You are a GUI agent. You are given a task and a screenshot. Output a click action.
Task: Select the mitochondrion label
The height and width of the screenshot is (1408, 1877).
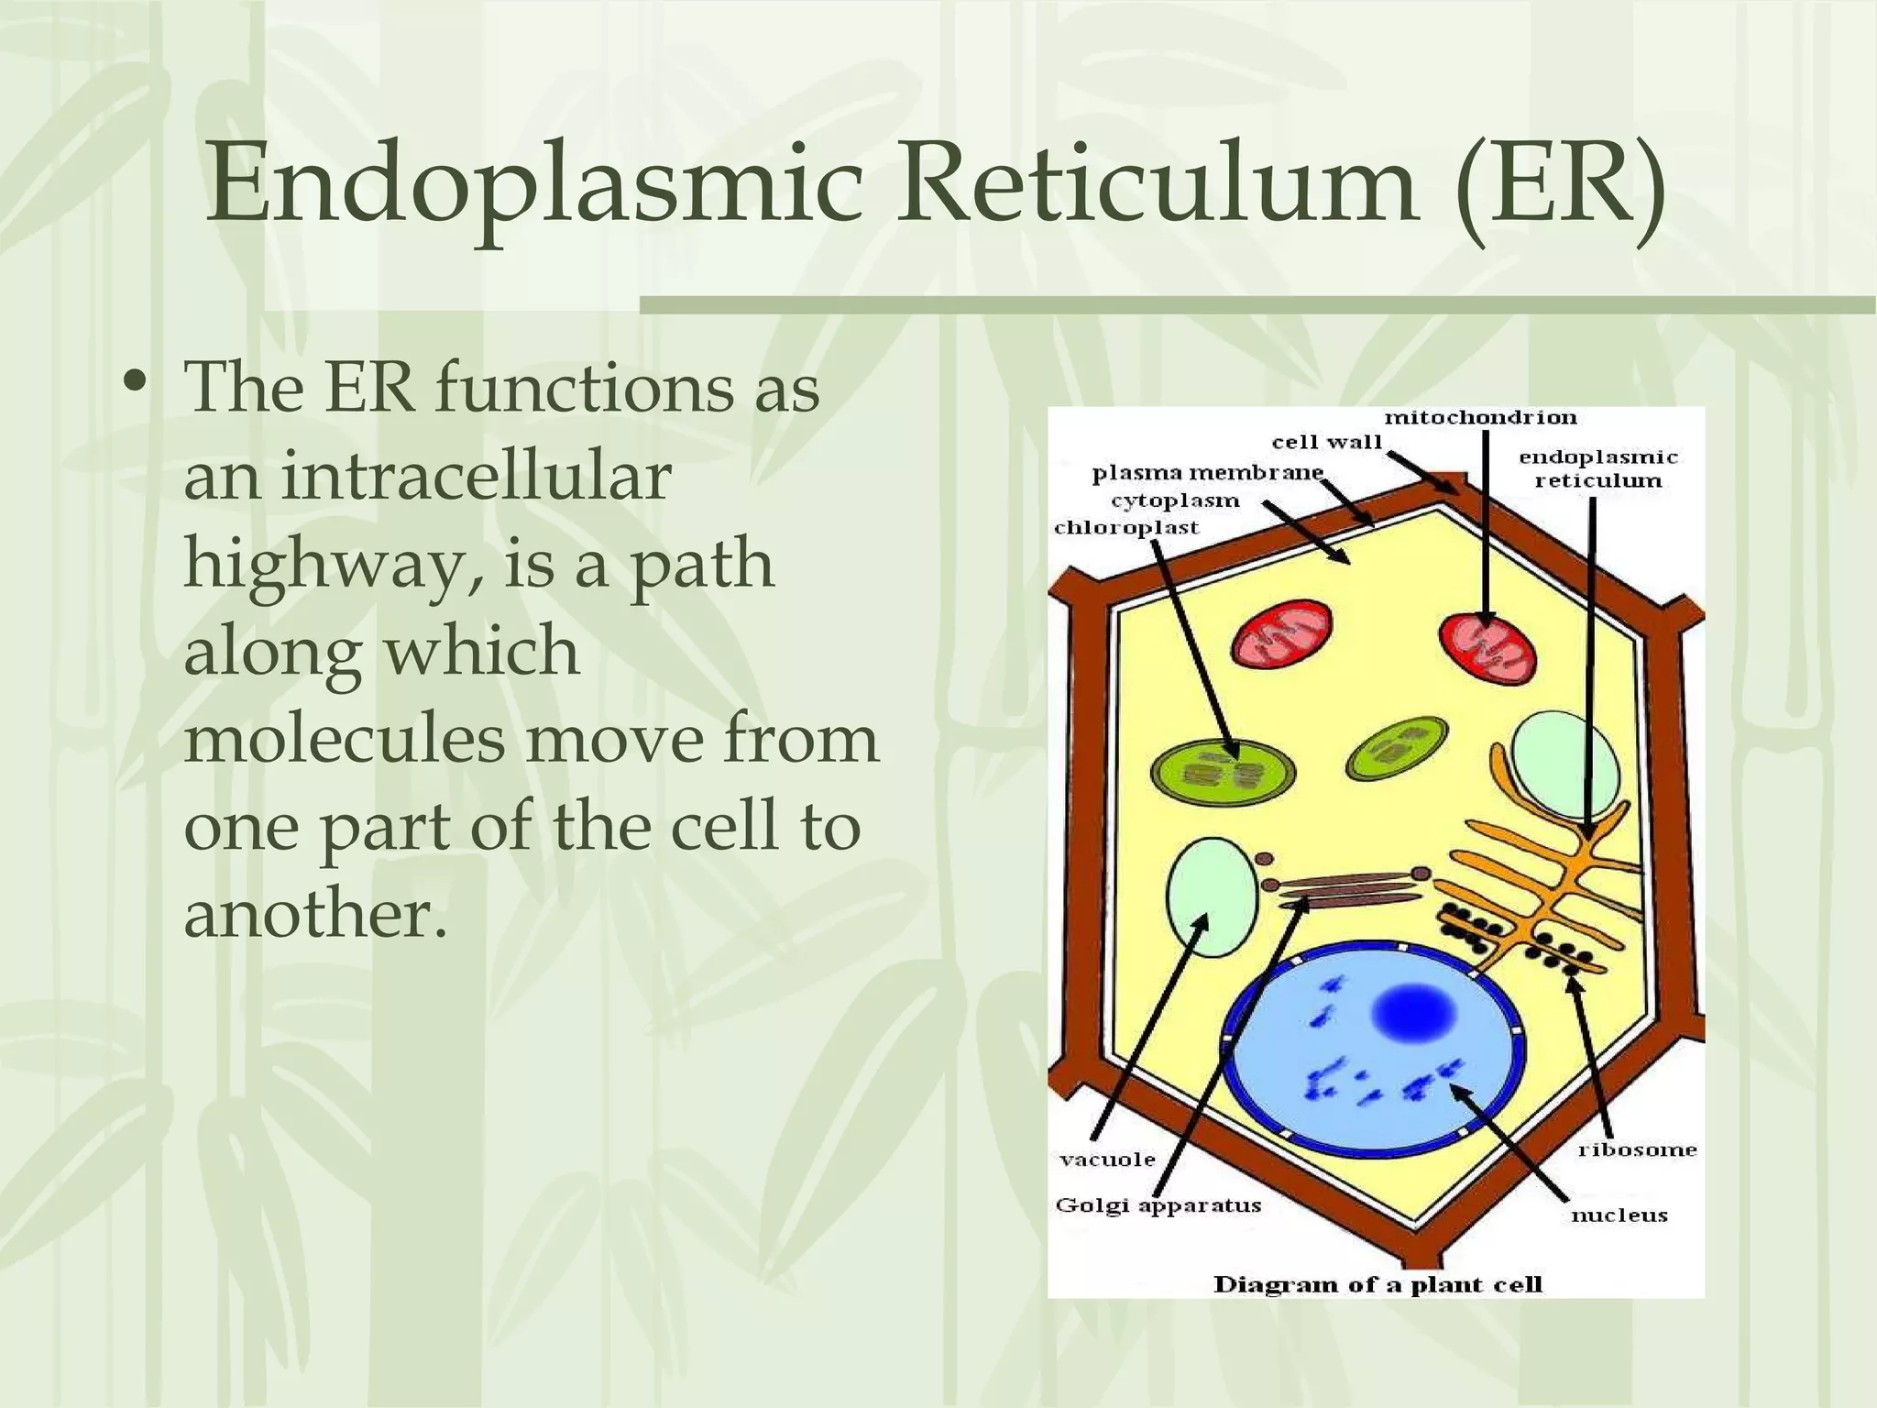(1480, 418)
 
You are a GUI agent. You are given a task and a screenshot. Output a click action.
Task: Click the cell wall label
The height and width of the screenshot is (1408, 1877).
(1326, 443)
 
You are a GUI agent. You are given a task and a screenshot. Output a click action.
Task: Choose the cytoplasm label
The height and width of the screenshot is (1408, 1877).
(1175, 501)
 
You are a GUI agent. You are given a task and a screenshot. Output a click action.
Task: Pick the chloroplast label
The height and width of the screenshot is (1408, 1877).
(1126, 528)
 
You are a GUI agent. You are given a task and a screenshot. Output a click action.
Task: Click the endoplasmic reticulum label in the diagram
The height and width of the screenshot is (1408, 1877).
(1597, 468)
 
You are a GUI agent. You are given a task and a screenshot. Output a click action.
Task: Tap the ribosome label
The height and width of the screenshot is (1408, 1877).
(1637, 1149)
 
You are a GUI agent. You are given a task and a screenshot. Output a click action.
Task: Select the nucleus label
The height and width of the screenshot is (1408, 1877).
(1619, 1215)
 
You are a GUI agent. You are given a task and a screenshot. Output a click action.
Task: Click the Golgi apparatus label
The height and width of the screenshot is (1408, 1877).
(1158, 1205)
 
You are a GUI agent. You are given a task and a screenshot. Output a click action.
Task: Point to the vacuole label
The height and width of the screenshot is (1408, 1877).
(1107, 1160)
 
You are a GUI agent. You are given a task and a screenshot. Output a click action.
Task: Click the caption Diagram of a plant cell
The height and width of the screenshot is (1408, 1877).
(1378, 1285)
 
